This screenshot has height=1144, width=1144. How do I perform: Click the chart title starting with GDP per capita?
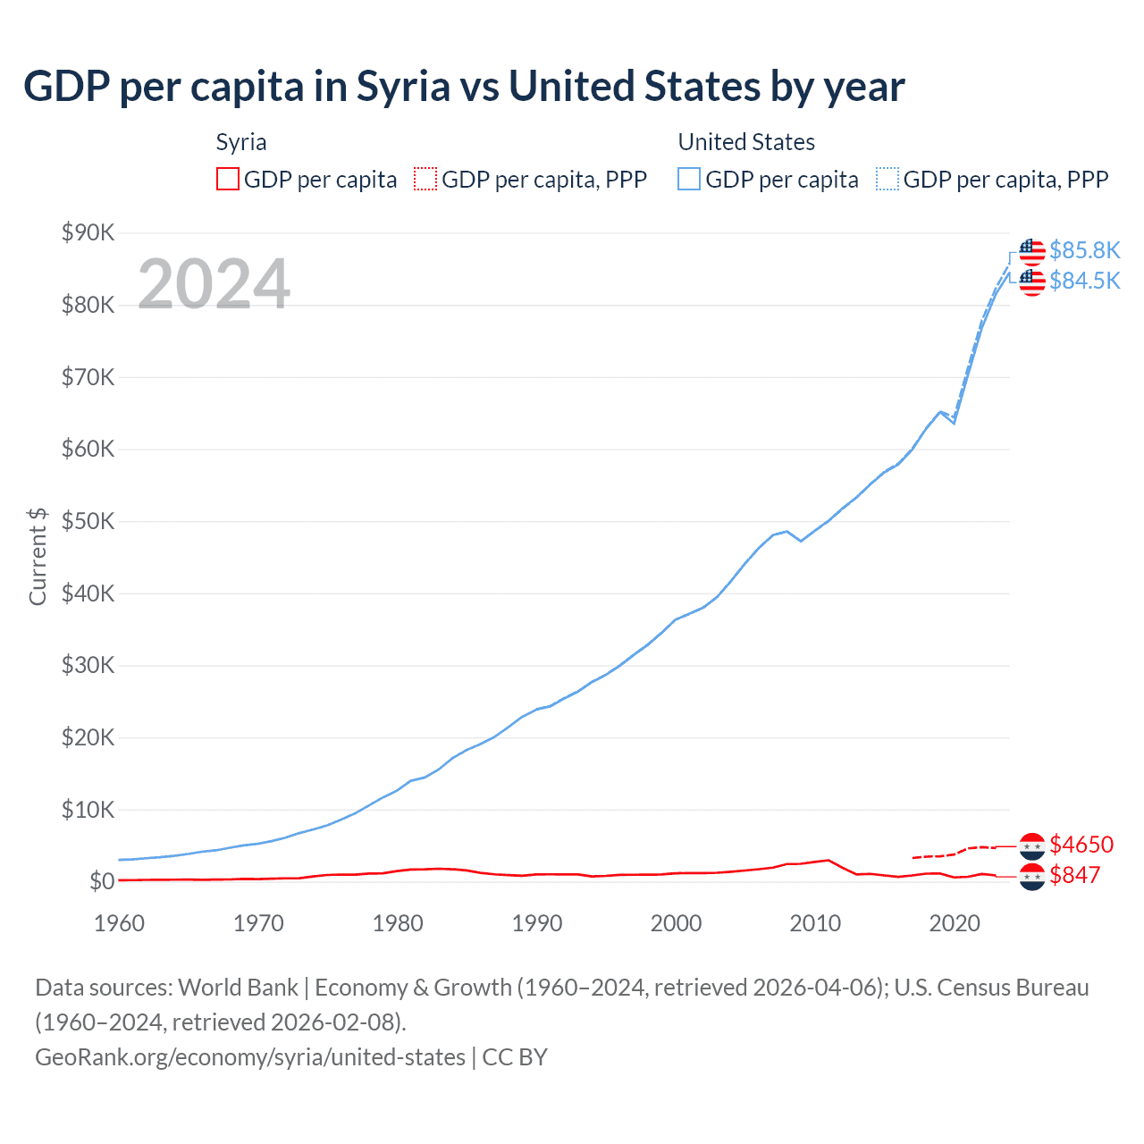(464, 87)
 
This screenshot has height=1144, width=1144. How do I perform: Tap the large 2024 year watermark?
(214, 284)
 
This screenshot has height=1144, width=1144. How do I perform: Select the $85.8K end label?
(1084, 250)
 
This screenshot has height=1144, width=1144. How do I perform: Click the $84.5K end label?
(1084, 281)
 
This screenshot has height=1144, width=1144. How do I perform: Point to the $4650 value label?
(1081, 845)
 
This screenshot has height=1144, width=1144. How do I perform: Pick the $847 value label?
(1074, 875)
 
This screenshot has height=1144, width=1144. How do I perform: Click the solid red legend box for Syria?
(228, 180)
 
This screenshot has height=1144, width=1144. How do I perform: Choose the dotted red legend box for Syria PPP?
(425, 180)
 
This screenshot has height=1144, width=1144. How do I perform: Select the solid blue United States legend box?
(689, 180)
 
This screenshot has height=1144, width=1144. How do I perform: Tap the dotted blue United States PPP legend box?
(887, 180)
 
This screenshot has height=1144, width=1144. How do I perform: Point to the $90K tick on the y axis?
(88, 233)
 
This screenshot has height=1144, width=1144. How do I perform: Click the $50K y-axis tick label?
(88, 522)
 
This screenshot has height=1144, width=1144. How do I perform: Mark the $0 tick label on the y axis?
(102, 882)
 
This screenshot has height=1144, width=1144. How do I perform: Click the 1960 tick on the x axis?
(119, 923)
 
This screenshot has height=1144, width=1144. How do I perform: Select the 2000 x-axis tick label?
(676, 923)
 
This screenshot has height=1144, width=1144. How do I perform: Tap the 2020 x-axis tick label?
(955, 923)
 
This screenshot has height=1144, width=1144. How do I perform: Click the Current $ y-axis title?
(38, 557)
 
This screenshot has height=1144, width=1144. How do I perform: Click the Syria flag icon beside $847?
(1032, 877)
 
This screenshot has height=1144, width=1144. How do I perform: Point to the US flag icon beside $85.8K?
(1032, 251)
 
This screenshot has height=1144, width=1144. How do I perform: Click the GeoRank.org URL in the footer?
(250, 1057)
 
